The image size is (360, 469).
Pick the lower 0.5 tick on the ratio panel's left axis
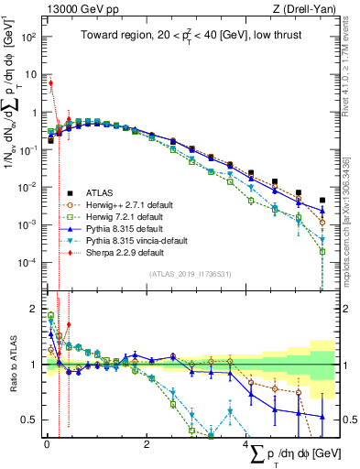29,420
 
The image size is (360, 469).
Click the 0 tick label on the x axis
46,444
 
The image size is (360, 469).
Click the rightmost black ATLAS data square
322,201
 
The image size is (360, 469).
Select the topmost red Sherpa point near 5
50,83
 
